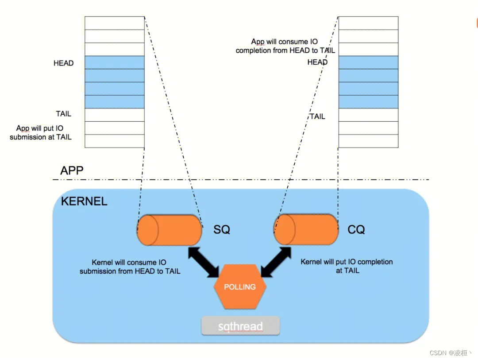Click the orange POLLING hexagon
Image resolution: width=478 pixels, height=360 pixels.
[x=240, y=287]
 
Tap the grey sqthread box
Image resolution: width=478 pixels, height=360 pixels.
[x=240, y=326]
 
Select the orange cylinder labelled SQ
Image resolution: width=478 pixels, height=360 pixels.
[x=169, y=230]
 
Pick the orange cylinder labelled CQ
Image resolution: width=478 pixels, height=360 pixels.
[x=305, y=229]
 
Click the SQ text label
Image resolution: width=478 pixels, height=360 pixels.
[x=221, y=230]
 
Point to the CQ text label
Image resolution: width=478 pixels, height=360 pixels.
[x=356, y=230]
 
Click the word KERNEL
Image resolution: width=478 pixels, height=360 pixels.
[x=84, y=201]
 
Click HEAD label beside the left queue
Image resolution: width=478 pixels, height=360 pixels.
[x=63, y=63]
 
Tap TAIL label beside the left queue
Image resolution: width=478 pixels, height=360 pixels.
[x=63, y=114]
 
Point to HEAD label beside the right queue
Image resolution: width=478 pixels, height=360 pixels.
[x=317, y=62]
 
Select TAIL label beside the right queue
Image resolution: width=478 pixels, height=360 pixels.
[x=317, y=116]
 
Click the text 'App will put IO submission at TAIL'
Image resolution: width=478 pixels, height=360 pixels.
[x=41, y=133]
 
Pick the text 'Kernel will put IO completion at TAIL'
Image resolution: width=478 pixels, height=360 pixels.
[x=347, y=266]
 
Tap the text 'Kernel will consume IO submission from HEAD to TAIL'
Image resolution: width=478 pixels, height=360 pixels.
[x=130, y=267]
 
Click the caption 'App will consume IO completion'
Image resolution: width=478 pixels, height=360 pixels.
[x=285, y=46]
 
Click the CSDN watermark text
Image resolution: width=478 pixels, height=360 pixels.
[x=450, y=352]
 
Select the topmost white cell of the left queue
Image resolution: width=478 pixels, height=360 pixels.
[x=115, y=23]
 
